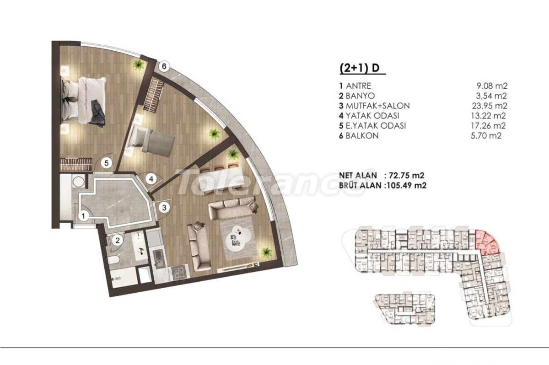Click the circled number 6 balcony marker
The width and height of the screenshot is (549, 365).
tap(164, 66)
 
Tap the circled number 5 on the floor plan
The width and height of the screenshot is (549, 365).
tap(106, 163)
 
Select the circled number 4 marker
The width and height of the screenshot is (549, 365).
tap(151, 179)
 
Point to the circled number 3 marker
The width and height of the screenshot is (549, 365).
tap(164, 208)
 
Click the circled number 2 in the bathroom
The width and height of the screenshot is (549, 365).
tap(118, 240)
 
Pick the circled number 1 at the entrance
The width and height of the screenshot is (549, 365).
tap(84, 216)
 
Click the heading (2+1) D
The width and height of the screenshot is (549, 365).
tap(359, 68)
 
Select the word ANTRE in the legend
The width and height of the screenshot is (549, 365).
tap(359, 86)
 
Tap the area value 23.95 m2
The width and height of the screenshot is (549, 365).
tap(490, 106)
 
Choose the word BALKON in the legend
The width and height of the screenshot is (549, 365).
tap(362, 136)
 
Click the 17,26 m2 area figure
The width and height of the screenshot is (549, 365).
tap(488, 126)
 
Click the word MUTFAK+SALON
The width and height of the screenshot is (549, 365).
tap(378, 106)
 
